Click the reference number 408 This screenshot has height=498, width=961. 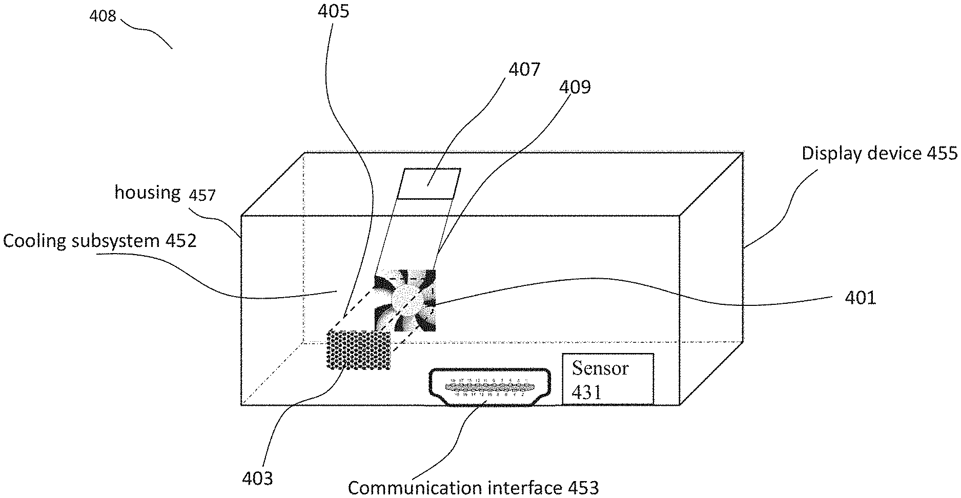coord(103,16)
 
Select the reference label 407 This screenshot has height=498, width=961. coord(524,69)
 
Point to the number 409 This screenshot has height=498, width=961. coord(575,87)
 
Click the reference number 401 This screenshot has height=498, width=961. coord(861,298)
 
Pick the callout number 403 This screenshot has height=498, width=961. coord(257,479)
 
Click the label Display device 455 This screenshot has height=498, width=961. coord(879,153)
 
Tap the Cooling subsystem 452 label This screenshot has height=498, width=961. coord(100,241)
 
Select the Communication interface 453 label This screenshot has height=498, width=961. coord(473,487)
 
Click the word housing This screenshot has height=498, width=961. coord(147,193)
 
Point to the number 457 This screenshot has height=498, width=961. coord(202,195)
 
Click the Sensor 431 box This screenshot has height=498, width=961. coord(608,379)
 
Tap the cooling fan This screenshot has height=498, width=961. coord(405,300)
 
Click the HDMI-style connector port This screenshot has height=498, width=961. coord(489,387)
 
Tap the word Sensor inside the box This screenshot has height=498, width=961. coord(600,368)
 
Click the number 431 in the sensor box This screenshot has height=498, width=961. coord(586,392)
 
